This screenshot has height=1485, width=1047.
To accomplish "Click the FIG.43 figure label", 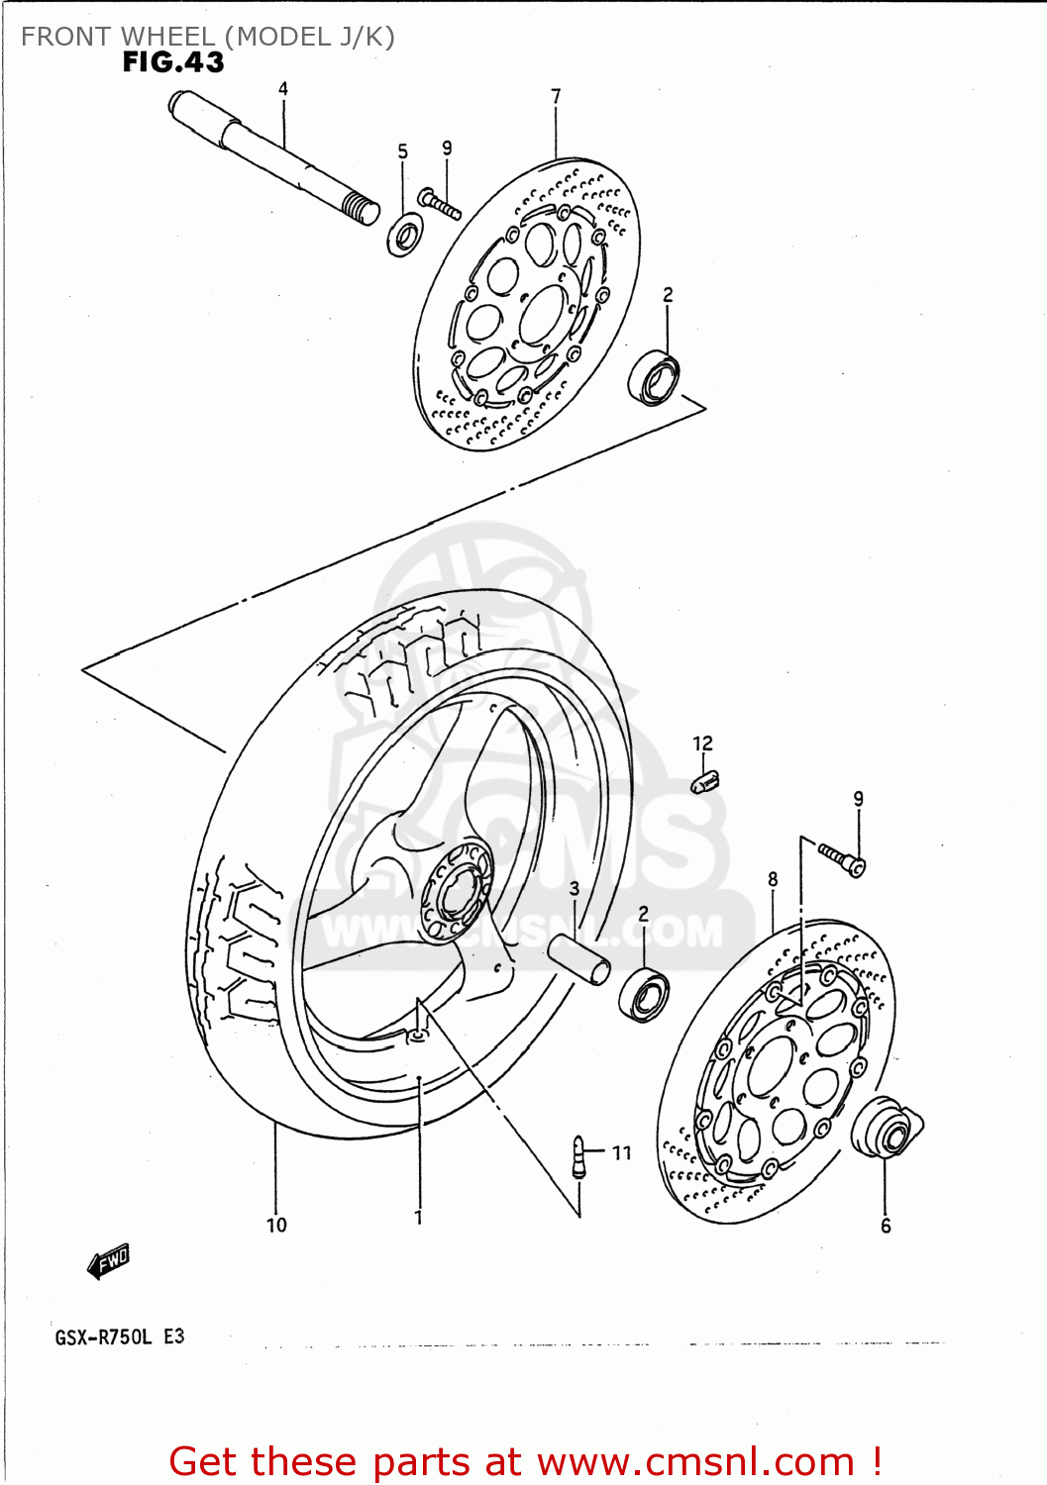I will (173, 62).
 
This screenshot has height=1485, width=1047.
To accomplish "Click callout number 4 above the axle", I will (283, 89).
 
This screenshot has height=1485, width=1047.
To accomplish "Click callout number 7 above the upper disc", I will (556, 96).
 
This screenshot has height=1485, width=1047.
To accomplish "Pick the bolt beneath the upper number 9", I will (440, 203).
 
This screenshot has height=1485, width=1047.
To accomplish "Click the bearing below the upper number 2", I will (655, 378).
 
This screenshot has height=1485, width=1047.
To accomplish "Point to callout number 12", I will (702, 743).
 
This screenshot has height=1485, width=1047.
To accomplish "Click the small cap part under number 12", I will (704, 782).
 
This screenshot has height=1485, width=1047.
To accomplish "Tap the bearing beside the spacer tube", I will (644, 995).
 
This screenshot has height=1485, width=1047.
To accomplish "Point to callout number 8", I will (773, 879).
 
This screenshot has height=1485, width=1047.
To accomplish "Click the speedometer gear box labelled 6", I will (885, 1130).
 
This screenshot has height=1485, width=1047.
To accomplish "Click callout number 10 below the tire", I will (276, 1226).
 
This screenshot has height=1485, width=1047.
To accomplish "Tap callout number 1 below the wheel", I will (418, 1218).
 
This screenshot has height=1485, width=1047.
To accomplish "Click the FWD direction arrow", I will (108, 1261).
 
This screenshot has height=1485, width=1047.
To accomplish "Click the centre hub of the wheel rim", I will (457, 891).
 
